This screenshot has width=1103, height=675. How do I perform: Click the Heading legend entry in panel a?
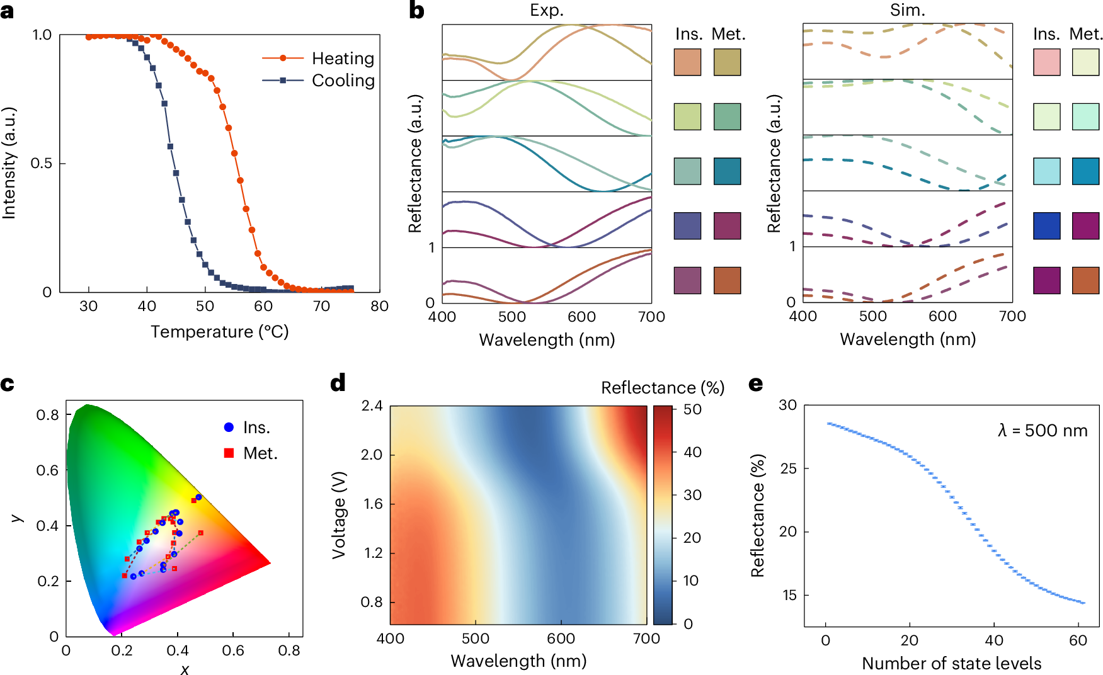(343, 59)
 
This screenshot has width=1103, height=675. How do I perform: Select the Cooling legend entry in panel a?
(343, 81)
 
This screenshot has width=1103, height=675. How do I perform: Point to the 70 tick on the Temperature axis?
(321, 307)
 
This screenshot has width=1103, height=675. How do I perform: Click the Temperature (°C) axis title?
(219, 332)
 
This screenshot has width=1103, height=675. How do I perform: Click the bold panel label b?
(416, 11)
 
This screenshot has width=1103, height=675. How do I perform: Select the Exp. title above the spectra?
(546, 11)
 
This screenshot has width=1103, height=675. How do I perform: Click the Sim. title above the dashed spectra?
(907, 11)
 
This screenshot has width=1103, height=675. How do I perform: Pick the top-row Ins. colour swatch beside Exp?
(687, 62)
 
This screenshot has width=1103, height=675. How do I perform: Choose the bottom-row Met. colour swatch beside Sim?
(1085, 280)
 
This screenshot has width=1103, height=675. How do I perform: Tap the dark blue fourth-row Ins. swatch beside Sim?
(1046, 225)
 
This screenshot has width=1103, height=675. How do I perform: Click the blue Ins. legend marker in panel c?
(229, 428)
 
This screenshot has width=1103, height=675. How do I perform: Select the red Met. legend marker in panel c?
(229, 453)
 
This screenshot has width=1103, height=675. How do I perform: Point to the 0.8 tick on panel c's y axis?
(47, 415)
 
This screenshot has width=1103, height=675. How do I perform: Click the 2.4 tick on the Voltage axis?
(372, 406)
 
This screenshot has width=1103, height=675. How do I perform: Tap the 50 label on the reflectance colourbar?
(692, 410)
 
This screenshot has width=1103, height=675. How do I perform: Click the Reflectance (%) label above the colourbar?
(663, 388)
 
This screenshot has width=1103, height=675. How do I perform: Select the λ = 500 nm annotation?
(1043, 431)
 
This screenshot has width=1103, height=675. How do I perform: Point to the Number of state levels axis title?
(951, 664)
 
